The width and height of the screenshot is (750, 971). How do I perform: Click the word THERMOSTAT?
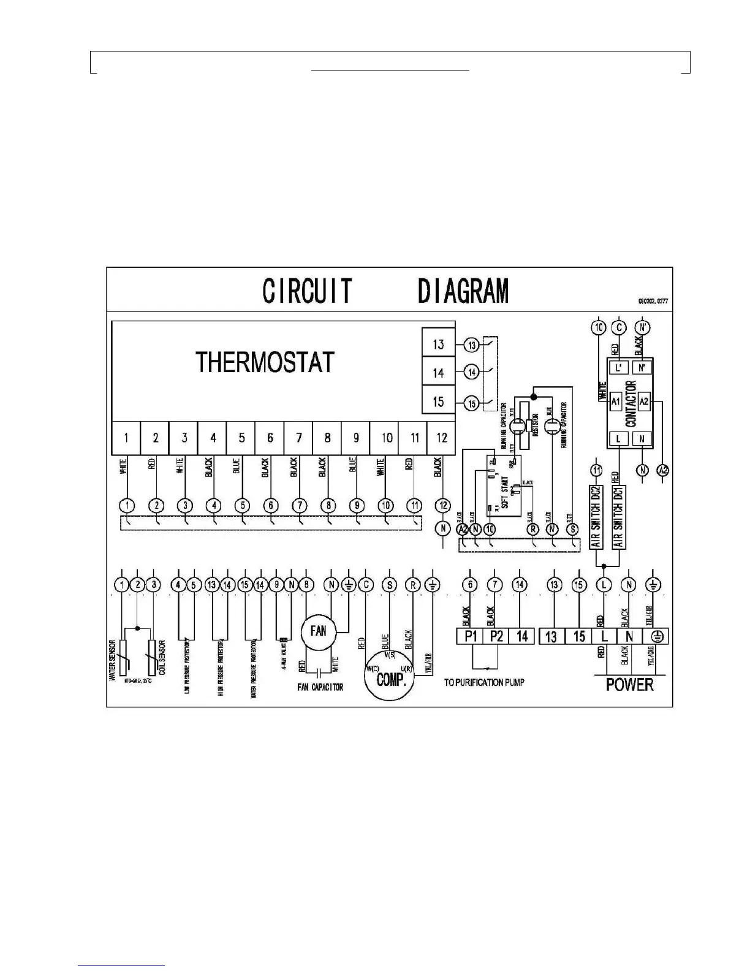265,362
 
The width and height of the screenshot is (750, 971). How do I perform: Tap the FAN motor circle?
318,631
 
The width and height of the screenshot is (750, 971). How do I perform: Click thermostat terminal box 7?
298,438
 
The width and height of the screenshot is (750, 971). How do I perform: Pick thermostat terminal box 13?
438,344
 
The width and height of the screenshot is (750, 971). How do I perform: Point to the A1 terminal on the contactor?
616,402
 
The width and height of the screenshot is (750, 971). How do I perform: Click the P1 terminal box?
471,636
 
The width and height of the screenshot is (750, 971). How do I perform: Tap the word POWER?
629,684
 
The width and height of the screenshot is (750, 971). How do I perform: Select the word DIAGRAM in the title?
463,291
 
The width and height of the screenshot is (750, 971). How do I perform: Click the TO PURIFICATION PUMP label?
484,682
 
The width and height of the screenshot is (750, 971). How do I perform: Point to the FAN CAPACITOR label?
320,687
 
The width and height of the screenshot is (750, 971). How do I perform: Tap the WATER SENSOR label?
113,660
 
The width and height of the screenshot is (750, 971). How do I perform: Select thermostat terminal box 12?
441,438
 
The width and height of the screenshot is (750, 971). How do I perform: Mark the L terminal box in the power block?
604,636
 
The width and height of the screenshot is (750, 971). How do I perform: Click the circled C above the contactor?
619,327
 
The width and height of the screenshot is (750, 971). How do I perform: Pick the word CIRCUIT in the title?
307,291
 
